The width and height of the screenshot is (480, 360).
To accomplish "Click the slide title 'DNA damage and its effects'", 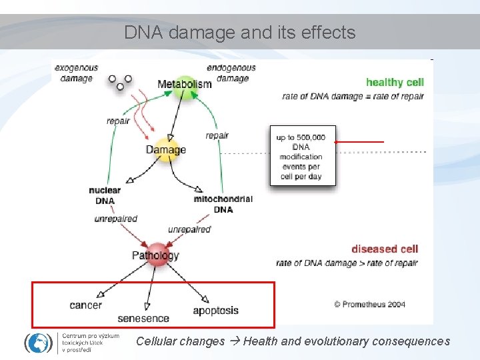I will (x=239, y=32).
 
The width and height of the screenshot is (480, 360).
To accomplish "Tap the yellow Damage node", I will (x=167, y=149).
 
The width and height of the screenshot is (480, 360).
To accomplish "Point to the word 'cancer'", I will (x=85, y=305).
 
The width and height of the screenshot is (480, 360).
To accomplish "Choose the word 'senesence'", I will (x=143, y=318).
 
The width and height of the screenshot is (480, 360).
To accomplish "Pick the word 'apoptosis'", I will (x=215, y=310).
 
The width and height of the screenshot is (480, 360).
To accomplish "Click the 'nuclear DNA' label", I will (x=105, y=195).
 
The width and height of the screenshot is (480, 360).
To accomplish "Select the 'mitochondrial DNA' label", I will (x=223, y=204).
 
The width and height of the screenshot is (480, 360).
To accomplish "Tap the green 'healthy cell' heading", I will (x=395, y=83).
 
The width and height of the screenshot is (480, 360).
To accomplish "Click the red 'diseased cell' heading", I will (x=385, y=249).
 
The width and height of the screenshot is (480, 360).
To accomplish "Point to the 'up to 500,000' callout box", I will (x=303, y=155).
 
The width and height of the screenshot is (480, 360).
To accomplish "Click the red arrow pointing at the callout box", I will (x=360, y=142).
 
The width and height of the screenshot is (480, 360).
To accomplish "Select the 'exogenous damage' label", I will (x=76, y=73).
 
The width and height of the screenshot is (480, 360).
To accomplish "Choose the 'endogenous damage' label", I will (x=231, y=73).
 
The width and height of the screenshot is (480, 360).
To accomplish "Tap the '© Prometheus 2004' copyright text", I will (x=369, y=304).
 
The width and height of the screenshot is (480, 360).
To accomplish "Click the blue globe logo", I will (x=38, y=342).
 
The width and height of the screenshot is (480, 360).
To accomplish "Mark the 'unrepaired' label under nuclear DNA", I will (x=115, y=219).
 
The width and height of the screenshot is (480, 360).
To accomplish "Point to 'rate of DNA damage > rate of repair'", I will (x=347, y=263).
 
